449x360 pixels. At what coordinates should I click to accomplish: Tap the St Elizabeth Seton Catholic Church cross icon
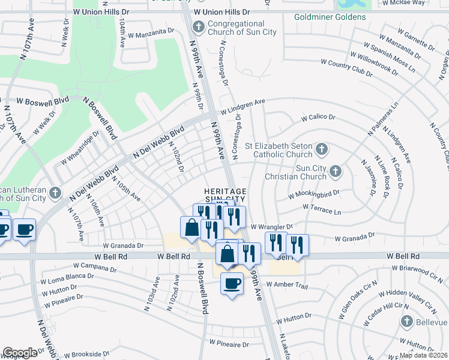(322, 148)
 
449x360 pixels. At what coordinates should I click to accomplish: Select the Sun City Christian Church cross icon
(335, 172)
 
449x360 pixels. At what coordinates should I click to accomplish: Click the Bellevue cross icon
(406, 322)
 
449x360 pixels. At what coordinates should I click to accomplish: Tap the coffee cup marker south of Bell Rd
(232, 283)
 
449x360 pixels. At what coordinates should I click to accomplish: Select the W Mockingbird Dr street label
(314, 194)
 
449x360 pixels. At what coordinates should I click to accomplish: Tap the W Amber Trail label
(286, 284)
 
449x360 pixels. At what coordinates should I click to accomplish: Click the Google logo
(20, 352)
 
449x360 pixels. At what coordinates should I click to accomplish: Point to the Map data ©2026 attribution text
(423, 355)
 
